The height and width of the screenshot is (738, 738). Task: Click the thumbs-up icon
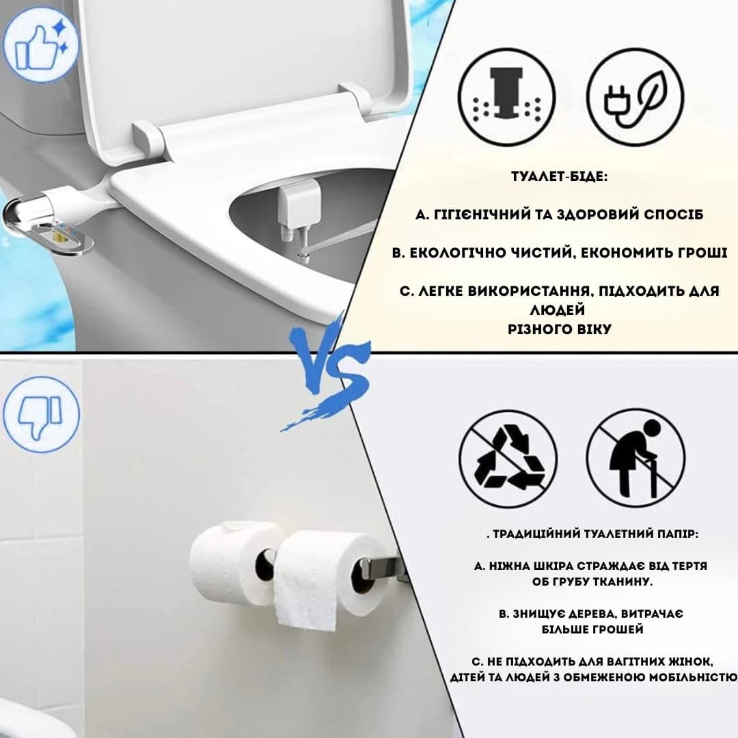coord(41,44)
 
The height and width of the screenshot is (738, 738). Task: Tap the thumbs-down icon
coord(41,414)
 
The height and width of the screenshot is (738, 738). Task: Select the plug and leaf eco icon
coord(635,98)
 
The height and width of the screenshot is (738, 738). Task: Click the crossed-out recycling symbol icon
coord(508,459)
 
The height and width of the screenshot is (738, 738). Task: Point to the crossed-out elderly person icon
coord(635,459)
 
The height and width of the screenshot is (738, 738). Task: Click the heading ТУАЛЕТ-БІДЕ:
coord(559,177)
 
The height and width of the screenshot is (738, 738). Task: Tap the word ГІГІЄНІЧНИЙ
coord(481,215)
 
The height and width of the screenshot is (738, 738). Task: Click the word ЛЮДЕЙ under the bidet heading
coord(558,310)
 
